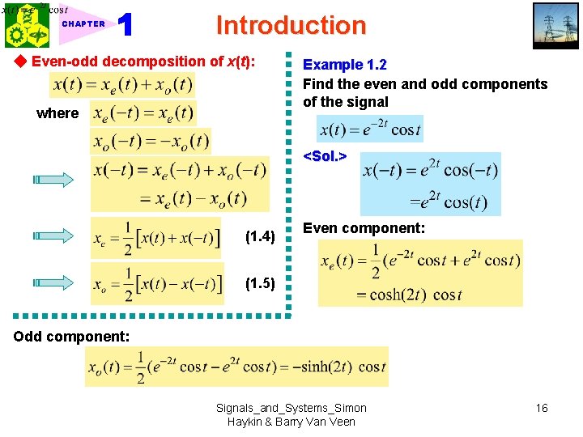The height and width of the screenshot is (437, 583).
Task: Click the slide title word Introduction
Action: (x=291, y=25)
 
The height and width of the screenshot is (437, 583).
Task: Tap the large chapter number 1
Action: (x=126, y=25)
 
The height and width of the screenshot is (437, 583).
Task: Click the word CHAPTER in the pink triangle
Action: (x=83, y=24)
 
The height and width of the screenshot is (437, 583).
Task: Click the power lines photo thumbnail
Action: (x=555, y=27)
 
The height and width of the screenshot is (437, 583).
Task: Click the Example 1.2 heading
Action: (x=344, y=65)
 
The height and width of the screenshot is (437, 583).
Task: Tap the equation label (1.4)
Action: (x=260, y=237)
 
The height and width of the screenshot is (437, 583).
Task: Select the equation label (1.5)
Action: (x=260, y=284)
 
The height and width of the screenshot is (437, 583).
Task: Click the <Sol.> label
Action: (x=325, y=155)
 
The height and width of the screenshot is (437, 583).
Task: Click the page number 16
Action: (x=542, y=408)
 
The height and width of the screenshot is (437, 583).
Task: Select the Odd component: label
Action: (x=71, y=336)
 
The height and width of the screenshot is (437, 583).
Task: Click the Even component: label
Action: (x=364, y=229)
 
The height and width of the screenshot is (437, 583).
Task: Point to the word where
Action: (x=57, y=113)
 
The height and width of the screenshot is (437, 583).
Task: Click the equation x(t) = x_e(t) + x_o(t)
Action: (x=122, y=84)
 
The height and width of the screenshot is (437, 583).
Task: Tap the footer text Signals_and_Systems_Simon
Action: (x=291, y=408)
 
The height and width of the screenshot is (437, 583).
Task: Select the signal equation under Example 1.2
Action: (x=370, y=129)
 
